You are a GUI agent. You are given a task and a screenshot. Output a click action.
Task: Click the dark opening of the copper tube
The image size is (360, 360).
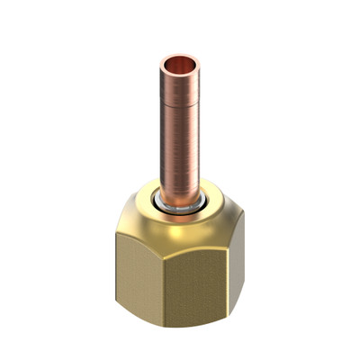[x=180, y=64]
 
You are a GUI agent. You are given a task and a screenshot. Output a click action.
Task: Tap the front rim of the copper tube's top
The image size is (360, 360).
[x=180, y=73]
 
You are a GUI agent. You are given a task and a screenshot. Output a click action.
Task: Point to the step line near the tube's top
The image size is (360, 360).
[x=180, y=90]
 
